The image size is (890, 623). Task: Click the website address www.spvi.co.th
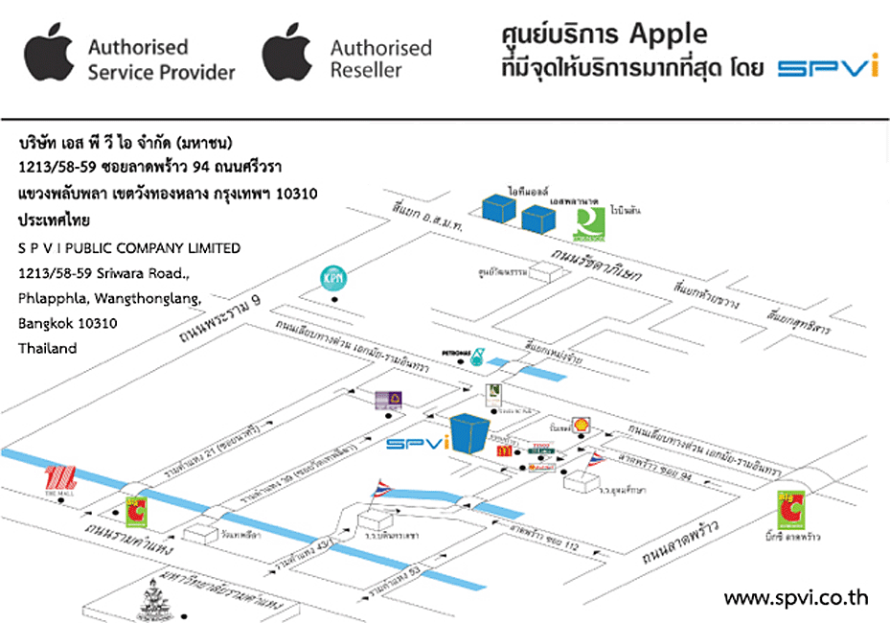(795, 598)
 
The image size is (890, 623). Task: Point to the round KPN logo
(333, 279)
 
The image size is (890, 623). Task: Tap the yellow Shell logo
(580, 425)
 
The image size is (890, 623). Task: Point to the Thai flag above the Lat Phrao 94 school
(596, 459)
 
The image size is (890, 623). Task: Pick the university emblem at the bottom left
(158, 597)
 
